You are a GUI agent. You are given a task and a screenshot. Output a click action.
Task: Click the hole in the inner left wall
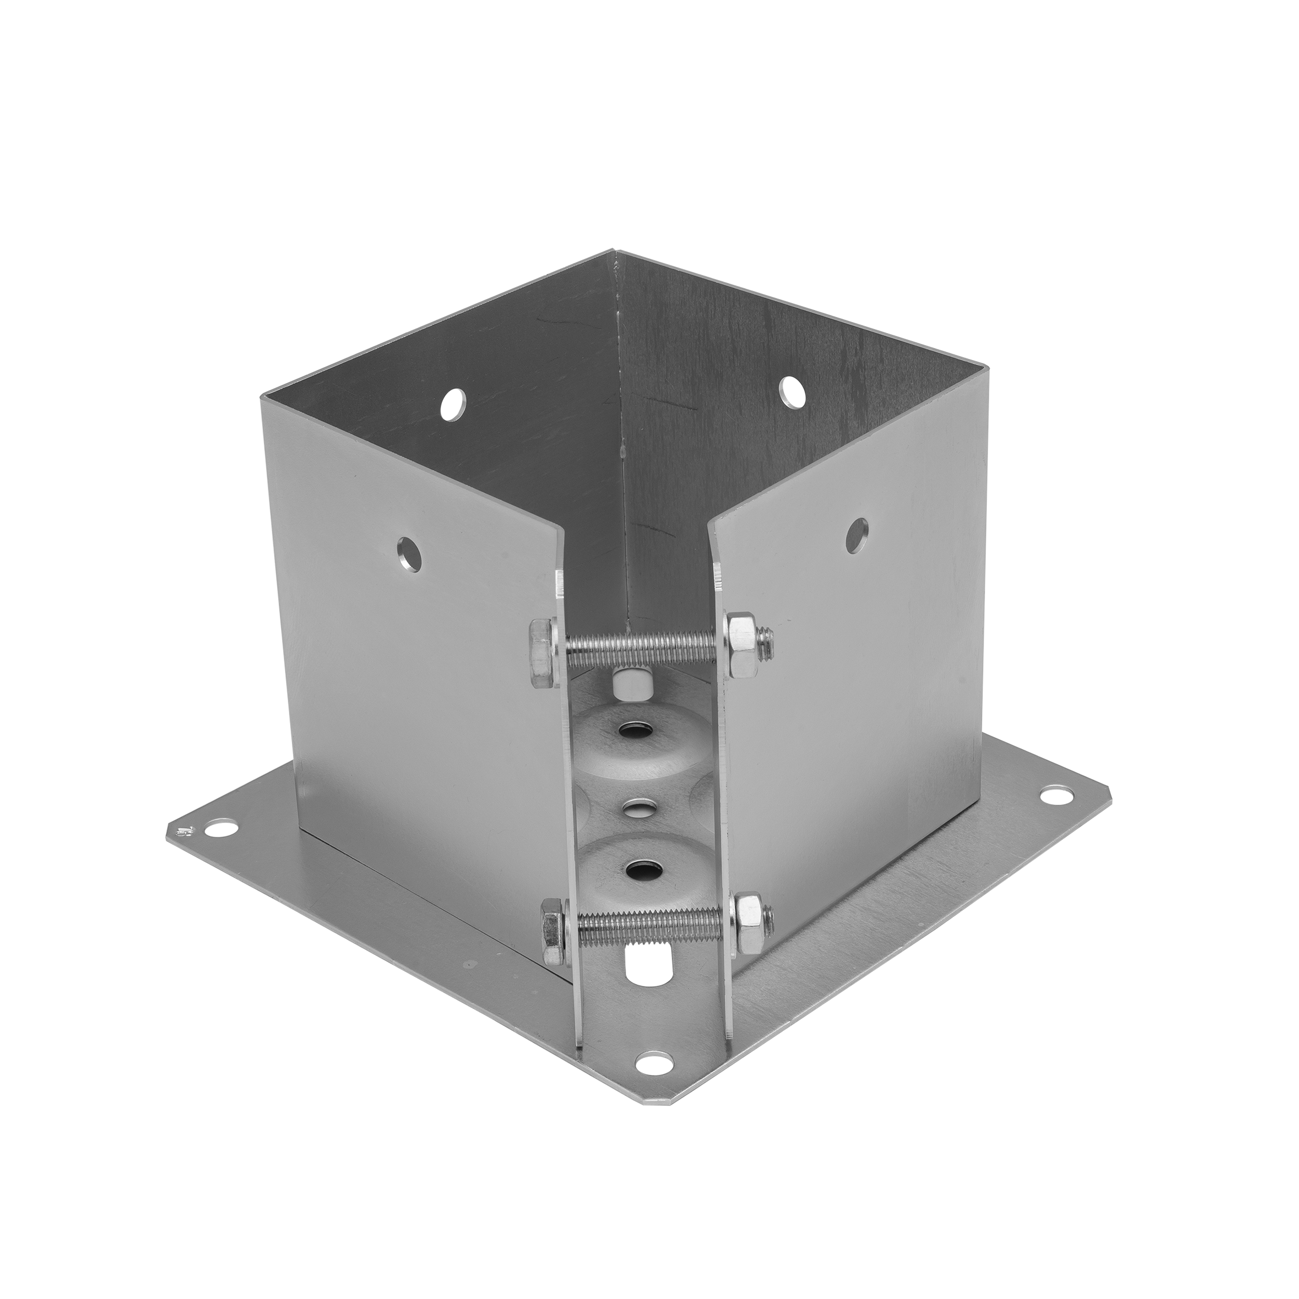click(453, 403)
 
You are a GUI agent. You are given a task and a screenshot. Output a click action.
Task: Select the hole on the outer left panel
click(409, 555)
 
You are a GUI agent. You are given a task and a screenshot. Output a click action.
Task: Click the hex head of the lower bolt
click(553, 932)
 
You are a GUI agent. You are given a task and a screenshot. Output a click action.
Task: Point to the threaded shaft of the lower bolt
click(649, 926)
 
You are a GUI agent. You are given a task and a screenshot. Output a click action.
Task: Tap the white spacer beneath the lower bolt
click(647, 964)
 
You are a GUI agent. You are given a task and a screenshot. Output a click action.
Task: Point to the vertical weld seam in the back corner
click(622, 437)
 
